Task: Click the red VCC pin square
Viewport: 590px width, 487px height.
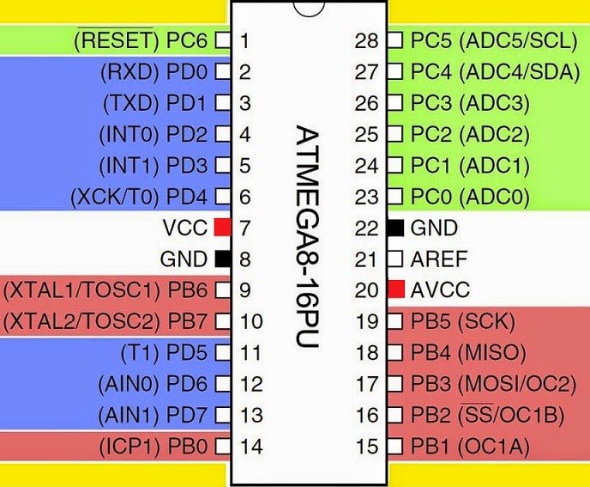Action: (223, 228)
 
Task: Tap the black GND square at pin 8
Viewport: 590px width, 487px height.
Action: (223, 259)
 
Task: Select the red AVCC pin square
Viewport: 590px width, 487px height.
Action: (395, 289)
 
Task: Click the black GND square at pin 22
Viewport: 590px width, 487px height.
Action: (395, 228)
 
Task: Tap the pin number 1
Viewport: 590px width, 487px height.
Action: (245, 40)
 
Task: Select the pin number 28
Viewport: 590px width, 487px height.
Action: (367, 40)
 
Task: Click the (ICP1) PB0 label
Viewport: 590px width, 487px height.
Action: (153, 446)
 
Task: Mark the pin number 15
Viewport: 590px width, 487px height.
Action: (367, 446)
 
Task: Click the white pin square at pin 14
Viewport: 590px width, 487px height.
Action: (223, 446)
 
